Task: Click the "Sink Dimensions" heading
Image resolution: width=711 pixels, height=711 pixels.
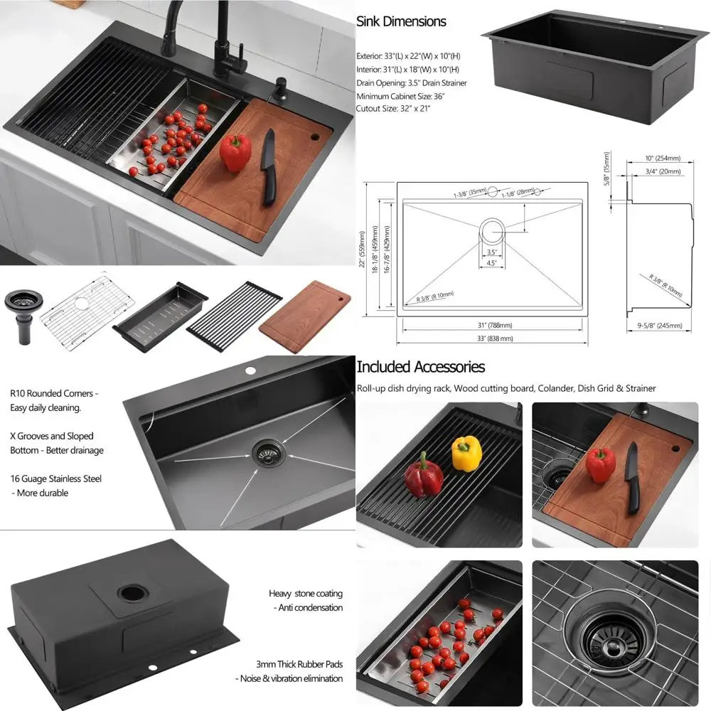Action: pos(401,21)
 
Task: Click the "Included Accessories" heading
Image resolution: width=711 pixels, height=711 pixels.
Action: pos(420,367)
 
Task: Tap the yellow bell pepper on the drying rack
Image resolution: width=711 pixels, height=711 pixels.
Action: pos(466,453)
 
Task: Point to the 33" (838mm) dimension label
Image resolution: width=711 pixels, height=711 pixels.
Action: pos(496,338)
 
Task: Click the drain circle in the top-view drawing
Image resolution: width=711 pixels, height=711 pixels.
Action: pos(492,230)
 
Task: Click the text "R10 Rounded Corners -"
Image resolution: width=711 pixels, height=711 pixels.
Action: pos(54,393)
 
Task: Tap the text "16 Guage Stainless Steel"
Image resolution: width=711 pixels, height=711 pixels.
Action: pos(55,479)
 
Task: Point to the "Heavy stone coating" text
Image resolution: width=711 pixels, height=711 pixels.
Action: pos(305,593)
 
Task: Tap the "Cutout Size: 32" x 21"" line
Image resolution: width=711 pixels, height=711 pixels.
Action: pos(393,108)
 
